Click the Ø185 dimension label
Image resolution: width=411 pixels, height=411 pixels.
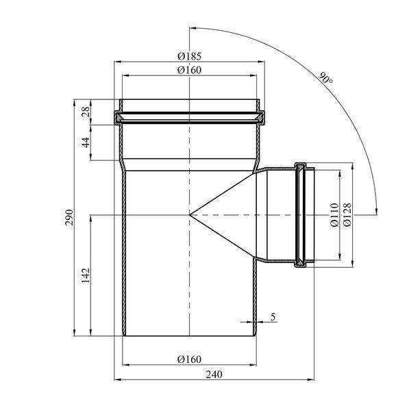189,56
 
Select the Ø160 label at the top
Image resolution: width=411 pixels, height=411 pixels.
189,70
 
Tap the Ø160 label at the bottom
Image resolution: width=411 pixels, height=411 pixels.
189,359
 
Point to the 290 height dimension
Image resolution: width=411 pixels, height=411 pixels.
69,217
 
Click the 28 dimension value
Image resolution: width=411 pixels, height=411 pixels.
86,112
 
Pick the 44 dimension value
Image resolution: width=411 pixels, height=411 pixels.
86,142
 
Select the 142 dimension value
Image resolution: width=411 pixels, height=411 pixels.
86,275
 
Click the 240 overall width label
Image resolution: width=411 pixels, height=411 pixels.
214,375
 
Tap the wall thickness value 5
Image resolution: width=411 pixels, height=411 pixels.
273,317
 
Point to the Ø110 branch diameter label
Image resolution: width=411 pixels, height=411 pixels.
334,215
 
